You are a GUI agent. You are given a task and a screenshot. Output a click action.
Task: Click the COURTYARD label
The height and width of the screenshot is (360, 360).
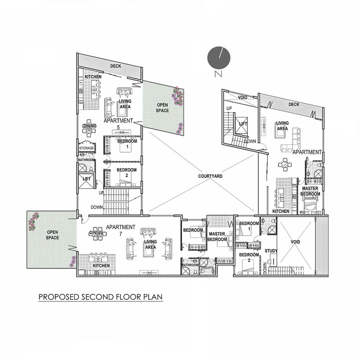tap(210, 176)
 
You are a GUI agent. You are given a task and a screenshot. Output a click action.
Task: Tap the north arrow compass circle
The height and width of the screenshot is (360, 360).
tap(219, 58)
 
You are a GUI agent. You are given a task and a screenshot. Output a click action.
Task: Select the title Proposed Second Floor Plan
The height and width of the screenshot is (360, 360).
tap(101, 297)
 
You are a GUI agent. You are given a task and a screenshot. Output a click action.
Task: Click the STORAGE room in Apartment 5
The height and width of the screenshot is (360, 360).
tap(86, 148)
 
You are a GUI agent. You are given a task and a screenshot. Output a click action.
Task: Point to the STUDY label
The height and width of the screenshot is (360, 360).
tap(271, 251)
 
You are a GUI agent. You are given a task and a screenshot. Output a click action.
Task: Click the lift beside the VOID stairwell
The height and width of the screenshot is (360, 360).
tap(241, 124)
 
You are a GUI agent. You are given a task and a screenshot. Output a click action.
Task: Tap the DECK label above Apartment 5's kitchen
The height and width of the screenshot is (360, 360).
tap(116, 66)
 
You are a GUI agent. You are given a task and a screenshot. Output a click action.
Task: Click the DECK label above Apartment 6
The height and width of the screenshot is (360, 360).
tap(294, 104)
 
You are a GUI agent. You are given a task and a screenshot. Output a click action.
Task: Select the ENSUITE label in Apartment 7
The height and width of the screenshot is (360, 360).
tap(207, 268)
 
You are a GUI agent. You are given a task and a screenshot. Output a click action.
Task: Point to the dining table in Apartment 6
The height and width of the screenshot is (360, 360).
tap(285, 164)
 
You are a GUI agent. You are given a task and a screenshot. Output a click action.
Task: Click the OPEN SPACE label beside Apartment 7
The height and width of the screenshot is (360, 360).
tap(52, 235)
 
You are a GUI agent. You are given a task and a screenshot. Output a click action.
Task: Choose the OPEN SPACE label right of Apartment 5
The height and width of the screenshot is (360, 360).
tap(162, 108)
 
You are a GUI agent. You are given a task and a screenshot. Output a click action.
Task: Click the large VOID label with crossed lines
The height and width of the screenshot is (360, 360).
tap(295, 242)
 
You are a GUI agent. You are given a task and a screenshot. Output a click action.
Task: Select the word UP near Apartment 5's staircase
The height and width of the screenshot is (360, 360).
tap(101, 193)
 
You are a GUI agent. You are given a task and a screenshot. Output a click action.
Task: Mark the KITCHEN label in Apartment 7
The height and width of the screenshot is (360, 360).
tap(101, 265)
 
